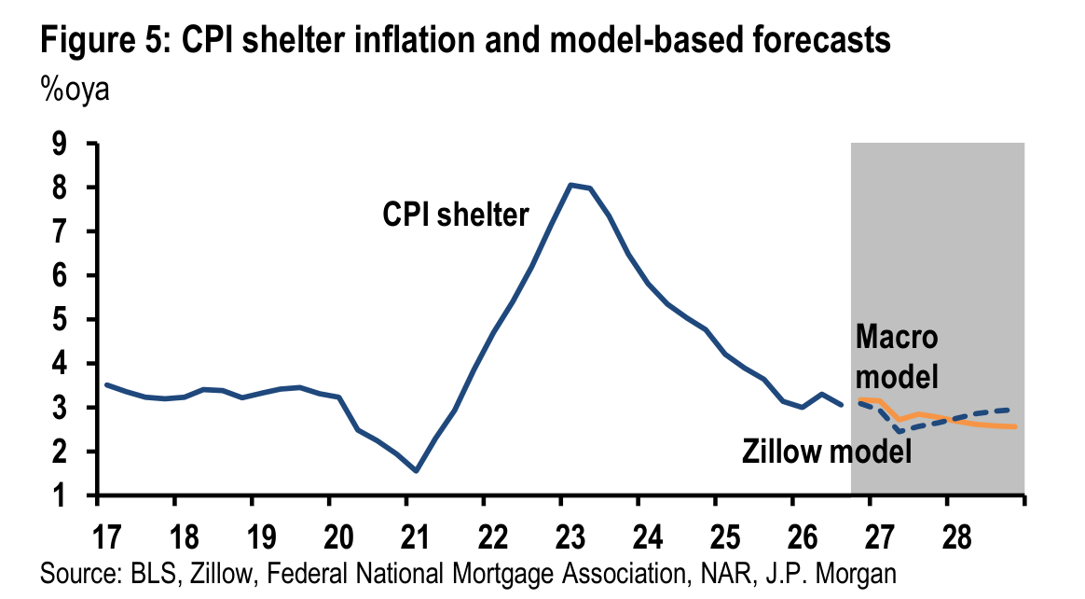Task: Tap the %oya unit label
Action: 75,90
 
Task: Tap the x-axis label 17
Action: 106,537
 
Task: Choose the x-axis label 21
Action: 415,537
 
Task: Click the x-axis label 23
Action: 570,537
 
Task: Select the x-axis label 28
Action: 957,537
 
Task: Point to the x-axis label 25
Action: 725,537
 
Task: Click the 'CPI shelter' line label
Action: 455,215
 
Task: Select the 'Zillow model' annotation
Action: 827,452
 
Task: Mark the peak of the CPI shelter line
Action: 570,184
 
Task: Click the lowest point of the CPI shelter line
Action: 416,471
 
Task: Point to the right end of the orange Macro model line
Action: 1015,426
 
